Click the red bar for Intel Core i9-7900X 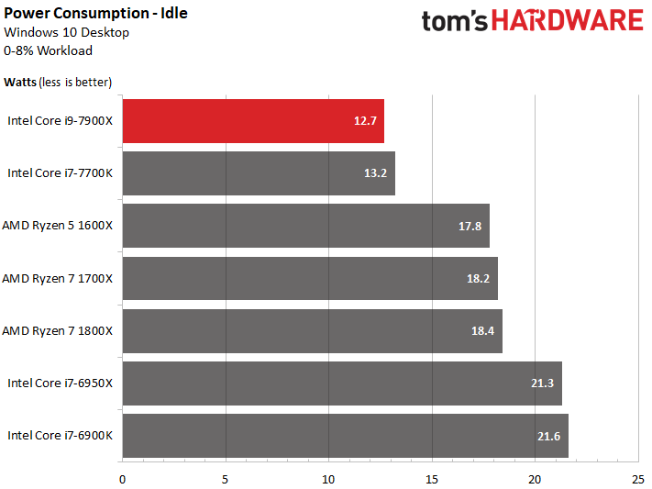coord(252,120)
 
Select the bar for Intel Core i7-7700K coord(258,173)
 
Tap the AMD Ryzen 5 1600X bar coord(305,226)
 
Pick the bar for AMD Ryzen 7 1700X coord(309,278)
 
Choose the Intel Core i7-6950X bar coord(341,383)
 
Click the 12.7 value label coord(366,121)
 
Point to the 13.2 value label coord(377,173)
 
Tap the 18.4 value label coord(484,330)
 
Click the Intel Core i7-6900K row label coord(60,435)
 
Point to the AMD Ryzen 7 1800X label coord(58,330)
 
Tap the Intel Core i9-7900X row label coord(60,120)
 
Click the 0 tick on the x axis coord(122,478)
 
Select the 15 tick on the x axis coord(432,478)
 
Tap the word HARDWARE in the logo coord(569,21)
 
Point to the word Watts coord(20,83)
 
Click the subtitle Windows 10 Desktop coord(66,32)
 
